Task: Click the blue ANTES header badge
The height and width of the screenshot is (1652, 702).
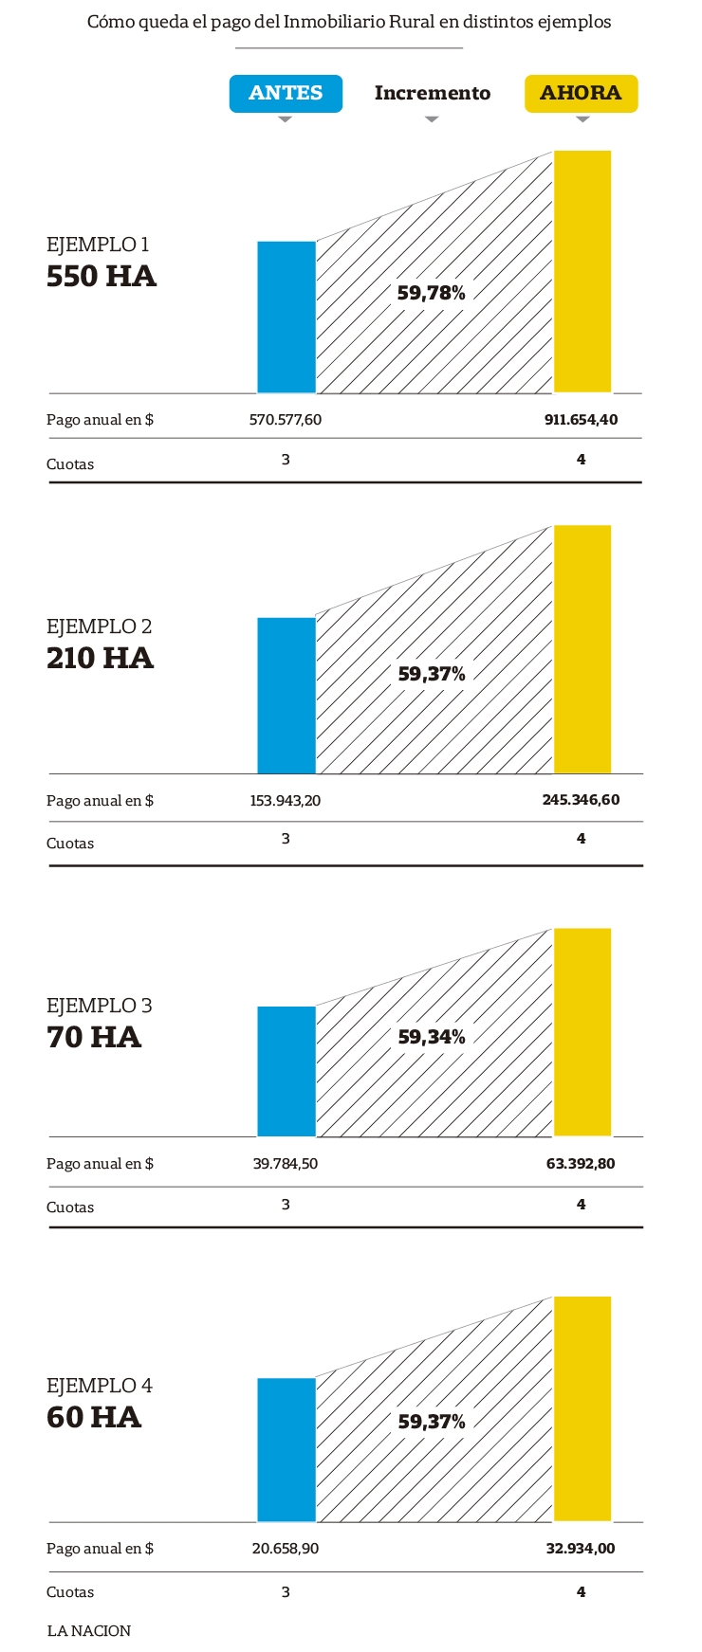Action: [286, 93]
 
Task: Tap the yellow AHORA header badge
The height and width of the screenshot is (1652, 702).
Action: [581, 93]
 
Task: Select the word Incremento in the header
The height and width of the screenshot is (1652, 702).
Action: [433, 93]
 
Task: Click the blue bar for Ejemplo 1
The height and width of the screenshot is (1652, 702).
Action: [286, 317]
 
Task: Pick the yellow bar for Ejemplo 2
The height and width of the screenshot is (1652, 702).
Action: [582, 649]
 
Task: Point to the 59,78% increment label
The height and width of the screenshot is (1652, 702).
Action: [432, 293]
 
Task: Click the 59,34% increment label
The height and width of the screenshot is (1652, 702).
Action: [432, 1037]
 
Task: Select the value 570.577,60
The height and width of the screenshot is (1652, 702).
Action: [286, 420]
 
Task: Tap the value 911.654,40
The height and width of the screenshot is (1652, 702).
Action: [581, 420]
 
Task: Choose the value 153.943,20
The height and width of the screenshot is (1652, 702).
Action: [286, 801]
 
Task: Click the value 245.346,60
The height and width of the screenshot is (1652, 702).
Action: [581, 800]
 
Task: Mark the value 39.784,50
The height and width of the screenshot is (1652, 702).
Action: [286, 1164]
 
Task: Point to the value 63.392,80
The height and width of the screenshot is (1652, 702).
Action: [581, 1164]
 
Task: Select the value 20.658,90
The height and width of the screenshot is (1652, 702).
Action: [286, 1549]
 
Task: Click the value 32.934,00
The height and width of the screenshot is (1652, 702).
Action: [581, 1549]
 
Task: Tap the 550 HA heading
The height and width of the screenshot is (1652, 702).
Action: [102, 277]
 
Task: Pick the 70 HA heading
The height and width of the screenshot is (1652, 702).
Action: [94, 1037]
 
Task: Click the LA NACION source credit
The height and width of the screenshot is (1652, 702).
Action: [89, 1631]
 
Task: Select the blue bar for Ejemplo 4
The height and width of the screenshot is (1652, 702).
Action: [286, 1449]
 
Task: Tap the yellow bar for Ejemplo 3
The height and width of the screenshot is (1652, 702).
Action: [582, 1032]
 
